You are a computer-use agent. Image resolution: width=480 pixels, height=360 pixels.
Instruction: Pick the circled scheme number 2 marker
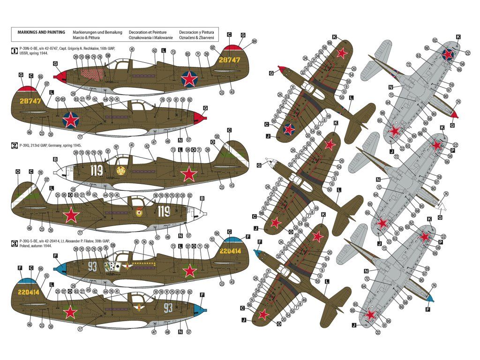[x=14, y=145]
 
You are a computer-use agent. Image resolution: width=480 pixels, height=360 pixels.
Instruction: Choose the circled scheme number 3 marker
[x=14, y=243]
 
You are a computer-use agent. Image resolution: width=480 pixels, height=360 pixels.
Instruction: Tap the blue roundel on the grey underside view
[x=449, y=54]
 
